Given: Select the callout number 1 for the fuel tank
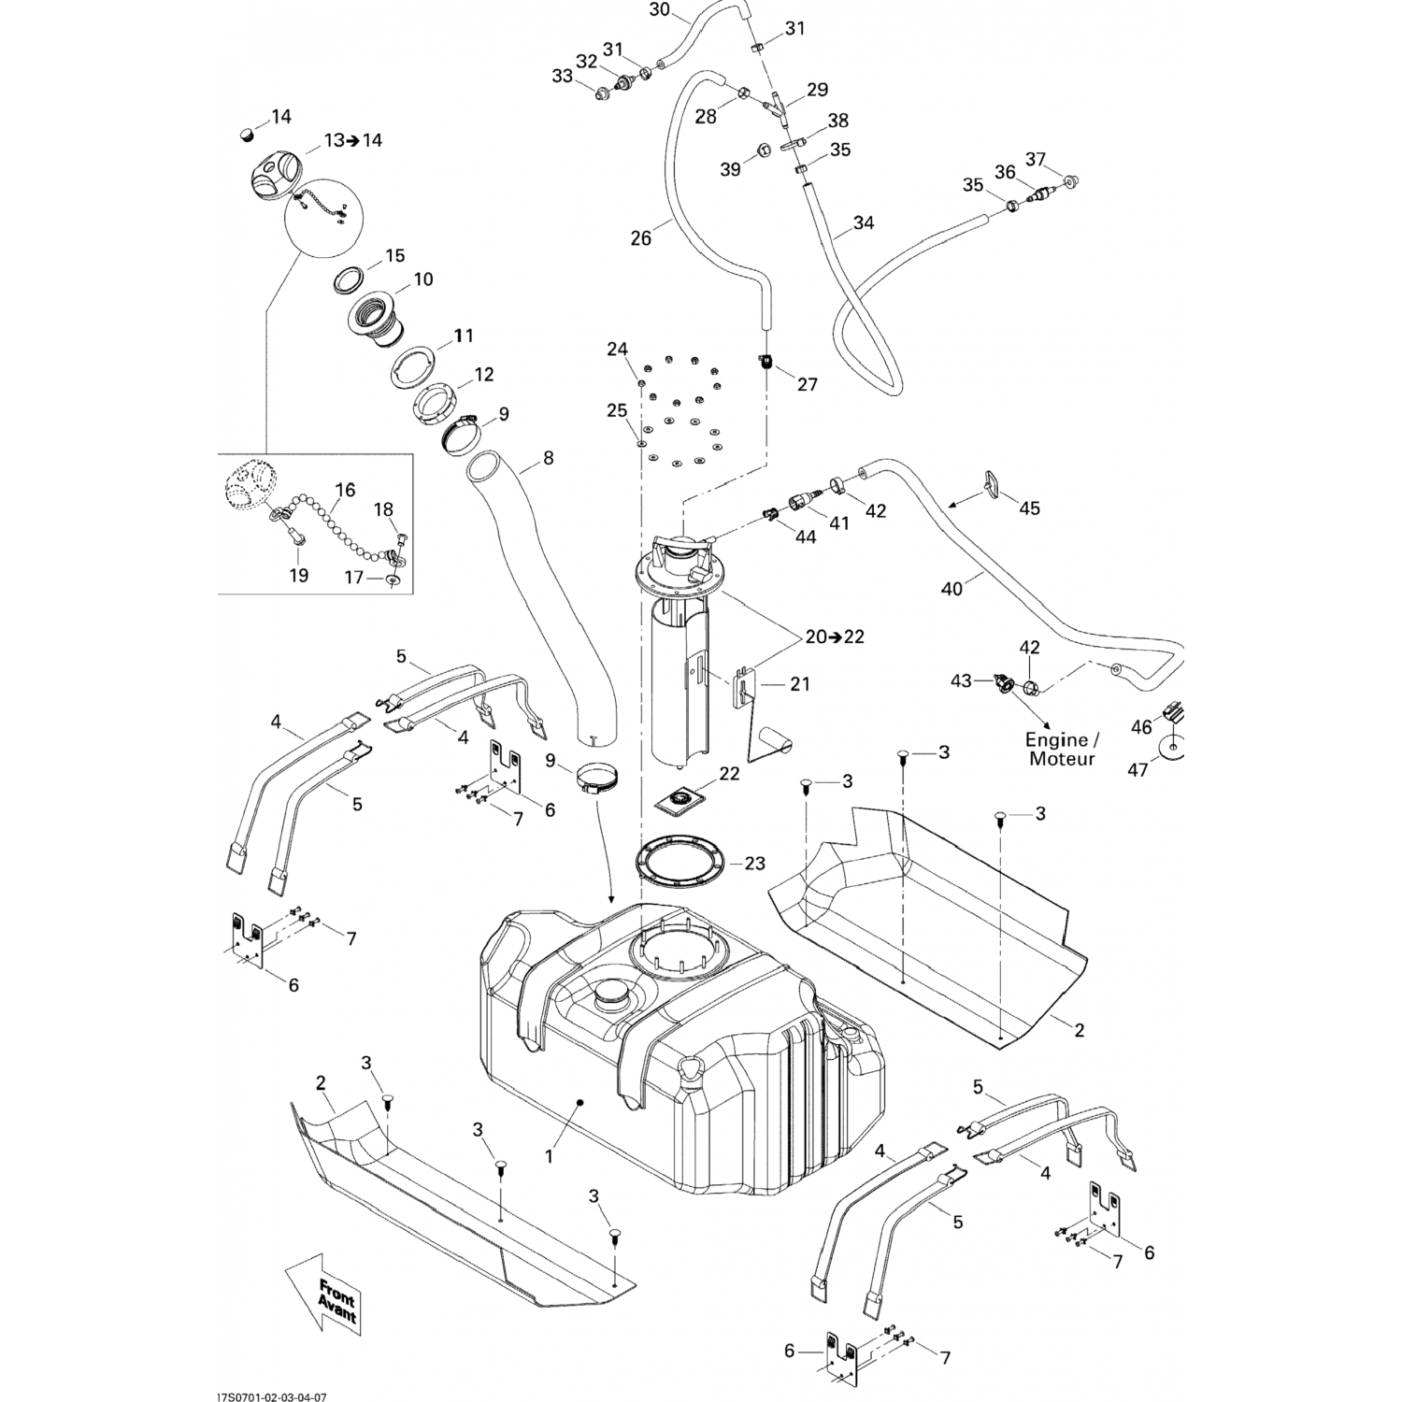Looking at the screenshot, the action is point(550,1156).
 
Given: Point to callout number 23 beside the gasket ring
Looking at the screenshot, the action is point(754,864).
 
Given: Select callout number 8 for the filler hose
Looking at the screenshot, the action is point(548,458).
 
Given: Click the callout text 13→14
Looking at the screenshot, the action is point(353,140).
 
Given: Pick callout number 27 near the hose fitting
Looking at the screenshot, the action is point(807,384).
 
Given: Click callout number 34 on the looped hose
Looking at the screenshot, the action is point(864,223).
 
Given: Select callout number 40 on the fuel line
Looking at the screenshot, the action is point(951,589).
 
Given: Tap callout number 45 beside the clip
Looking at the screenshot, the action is point(1029,508).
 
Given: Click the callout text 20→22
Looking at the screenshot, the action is point(835,637).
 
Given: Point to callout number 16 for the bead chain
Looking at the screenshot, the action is point(345,490).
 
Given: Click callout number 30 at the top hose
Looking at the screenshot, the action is point(659,10).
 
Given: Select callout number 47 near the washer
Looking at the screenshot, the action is point(1137,771).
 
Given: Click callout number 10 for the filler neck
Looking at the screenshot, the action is point(423,279).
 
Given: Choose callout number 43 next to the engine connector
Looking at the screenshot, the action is point(962,680).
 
